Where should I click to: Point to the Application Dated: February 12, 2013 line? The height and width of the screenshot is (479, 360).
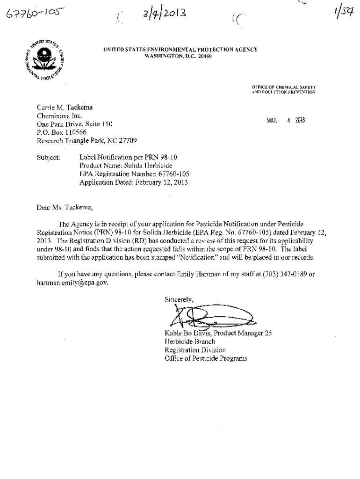134,183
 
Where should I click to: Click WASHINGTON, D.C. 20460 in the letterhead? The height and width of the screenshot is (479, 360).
180,56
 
